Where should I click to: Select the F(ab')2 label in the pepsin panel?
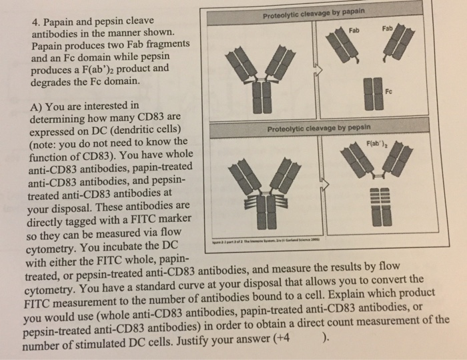378,142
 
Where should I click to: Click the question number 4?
37,21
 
